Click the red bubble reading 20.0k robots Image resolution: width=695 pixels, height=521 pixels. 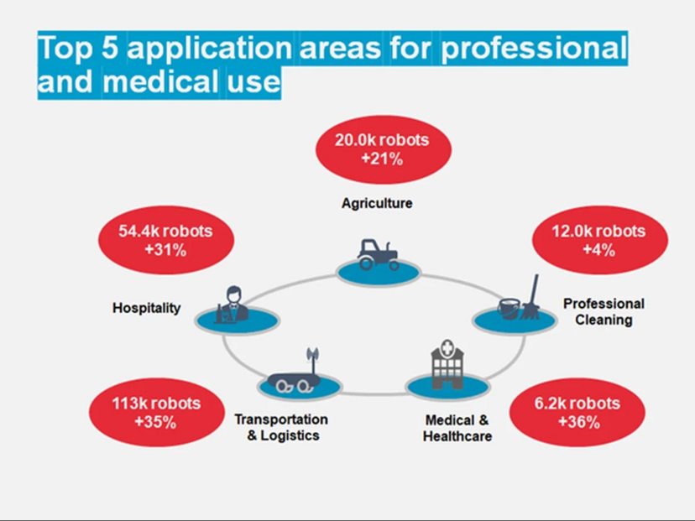coord(384,149)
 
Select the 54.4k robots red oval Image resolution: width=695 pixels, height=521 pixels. coord(166,240)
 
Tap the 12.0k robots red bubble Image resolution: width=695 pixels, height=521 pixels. coord(599,240)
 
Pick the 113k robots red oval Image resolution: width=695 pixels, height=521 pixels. coord(157,412)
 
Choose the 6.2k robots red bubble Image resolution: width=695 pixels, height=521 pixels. coord(577,412)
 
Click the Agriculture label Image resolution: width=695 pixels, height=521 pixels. coord(377,203)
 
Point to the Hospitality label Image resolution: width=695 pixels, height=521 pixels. coord(147,308)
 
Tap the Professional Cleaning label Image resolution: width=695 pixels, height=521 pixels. coord(604,311)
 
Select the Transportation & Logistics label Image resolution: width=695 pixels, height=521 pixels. coord(281,427)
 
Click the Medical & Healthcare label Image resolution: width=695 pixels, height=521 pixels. coord(457,428)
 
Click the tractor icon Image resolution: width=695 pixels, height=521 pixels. coord(378,255)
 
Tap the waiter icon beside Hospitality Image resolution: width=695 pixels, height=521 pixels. coord(232,305)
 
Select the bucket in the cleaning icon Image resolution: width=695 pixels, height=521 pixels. coord(509,309)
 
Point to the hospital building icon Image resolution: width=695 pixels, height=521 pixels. coord(447,365)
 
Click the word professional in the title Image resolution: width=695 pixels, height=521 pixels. coord(534,48)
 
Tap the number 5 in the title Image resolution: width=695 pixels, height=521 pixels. coord(109,47)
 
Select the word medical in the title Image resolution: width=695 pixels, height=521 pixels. coord(161,81)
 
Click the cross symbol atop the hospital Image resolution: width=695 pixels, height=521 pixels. coord(447,347)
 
